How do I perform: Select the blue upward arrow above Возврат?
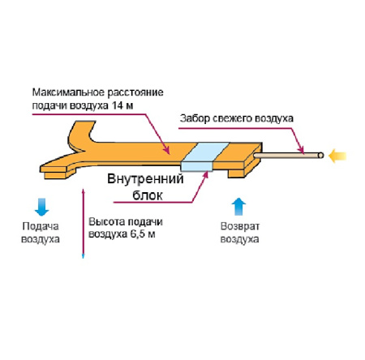coord(238,204)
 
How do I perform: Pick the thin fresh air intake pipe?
coord(288,154)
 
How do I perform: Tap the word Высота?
coord(103,222)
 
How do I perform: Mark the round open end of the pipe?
coord(321,154)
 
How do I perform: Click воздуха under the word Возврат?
coord(240,239)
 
